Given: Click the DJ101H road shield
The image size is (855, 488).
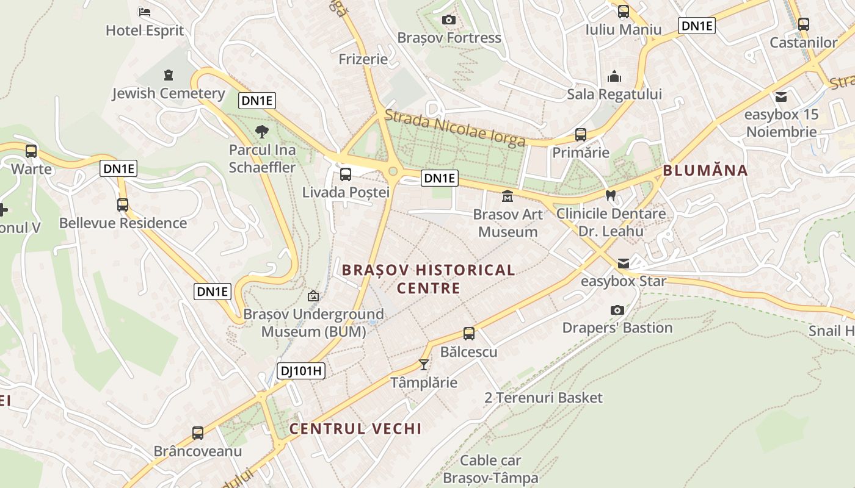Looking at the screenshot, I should (x=300, y=370).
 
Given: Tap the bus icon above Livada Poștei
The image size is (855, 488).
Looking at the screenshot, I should (x=345, y=174).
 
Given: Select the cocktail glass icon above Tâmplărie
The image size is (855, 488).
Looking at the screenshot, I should (x=423, y=365).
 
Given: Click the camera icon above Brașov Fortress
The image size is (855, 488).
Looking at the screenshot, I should (x=449, y=20).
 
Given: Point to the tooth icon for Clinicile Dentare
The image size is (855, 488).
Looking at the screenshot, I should (x=609, y=196).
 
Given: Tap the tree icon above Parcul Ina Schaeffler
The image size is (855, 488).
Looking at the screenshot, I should (x=262, y=131).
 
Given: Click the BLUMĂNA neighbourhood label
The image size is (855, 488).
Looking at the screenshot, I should (x=705, y=170).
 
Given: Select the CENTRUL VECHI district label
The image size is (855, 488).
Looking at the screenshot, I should (x=355, y=429).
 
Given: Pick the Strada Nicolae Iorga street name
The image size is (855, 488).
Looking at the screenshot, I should (x=455, y=128).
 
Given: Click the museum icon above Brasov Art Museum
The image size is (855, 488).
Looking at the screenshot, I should (x=507, y=196).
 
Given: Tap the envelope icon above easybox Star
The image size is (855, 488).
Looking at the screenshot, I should (x=623, y=264).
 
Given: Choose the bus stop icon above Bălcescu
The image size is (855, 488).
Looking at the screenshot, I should (x=468, y=334).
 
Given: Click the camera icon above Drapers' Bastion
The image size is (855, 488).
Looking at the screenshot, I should (x=617, y=310).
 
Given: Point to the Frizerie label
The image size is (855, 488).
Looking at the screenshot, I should (x=363, y=59).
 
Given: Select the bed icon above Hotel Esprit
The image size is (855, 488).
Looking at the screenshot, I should (x=145, y=12).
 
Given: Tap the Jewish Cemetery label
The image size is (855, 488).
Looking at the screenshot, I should (x=169, y=93).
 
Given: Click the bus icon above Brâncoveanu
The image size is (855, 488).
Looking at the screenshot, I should (x=197, y=433).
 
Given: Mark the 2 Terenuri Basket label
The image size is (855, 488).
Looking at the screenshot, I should (x=544, y=398).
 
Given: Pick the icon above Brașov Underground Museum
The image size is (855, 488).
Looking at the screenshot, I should (x=313, y=296).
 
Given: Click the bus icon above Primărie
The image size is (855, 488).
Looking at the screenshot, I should (x=580, y=135).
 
